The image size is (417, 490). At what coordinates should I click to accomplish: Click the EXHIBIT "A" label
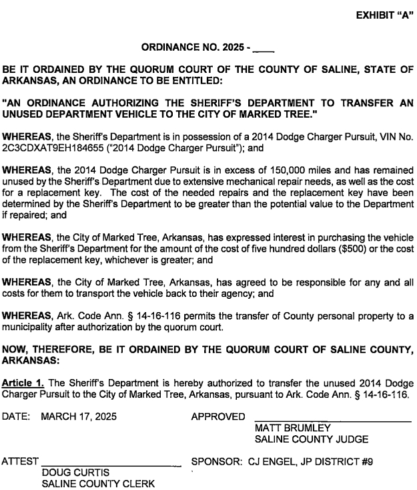(x=385, y=16)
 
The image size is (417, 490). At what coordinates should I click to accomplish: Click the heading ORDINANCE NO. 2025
(x=195, y=47)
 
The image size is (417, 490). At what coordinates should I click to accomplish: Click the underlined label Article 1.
(x=24, y=383)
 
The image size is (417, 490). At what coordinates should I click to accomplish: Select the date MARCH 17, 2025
(x=79, y=416)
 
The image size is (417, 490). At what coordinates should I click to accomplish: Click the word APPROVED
(x=218, y=416)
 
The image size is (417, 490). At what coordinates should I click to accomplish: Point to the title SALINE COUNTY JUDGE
(x=312, y=439)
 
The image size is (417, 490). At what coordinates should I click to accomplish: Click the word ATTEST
(x=21, y=461)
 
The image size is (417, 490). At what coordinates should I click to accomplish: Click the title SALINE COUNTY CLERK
(x=97, y=483)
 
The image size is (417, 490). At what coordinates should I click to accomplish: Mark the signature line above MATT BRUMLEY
(x=333, y=420)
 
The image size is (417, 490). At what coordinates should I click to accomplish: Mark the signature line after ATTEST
(x=111, y=465)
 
